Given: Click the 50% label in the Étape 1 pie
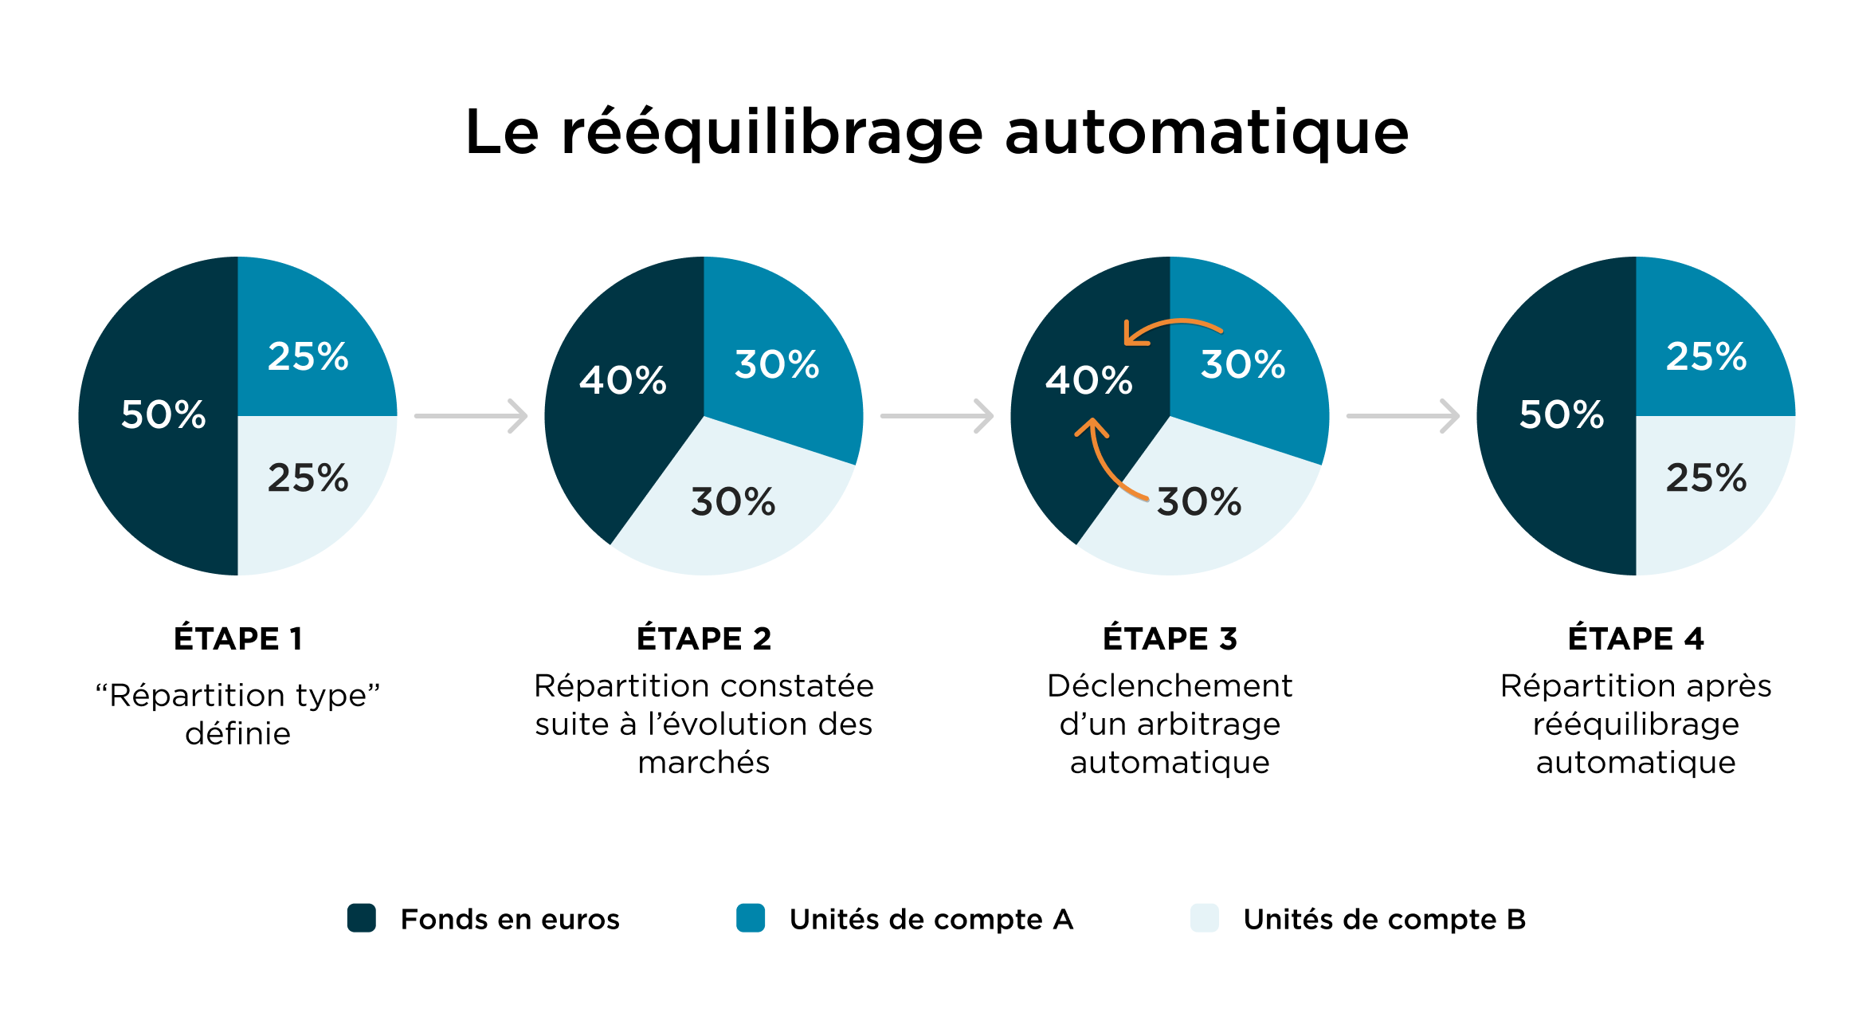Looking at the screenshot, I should click(x=163, y=414).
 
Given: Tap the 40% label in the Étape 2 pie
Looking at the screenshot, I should click(x=622, y=380).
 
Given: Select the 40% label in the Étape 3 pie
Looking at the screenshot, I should click(x=1088, y=380).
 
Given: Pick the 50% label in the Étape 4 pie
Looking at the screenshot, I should click(x=1562, y=414).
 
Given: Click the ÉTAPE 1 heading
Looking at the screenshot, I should click(x=238, y=638).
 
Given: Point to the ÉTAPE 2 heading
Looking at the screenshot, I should click(x=704, y=638).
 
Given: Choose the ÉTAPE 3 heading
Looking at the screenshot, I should click(x=1170, y=638).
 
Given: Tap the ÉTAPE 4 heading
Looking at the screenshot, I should click(x=1636, y=638).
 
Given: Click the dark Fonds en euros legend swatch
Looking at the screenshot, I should click(x=362, y=918).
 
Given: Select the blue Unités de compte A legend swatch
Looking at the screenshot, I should click(x=751, y=918).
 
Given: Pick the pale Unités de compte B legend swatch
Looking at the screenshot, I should click(x=1205, y=918).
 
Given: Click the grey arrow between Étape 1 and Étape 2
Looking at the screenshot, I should click(x=471, y=416).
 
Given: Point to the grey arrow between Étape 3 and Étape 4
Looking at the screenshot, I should click(x=1402, y=416).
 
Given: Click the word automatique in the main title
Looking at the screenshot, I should click(x=1206, y=132).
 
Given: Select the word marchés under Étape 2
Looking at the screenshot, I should click(x=704, y=763).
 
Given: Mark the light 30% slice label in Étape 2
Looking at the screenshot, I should click(x=733, y=502).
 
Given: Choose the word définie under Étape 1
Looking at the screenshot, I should click(x=238, y=733).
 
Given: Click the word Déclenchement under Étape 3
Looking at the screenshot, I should click(x=1170, y=686).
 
